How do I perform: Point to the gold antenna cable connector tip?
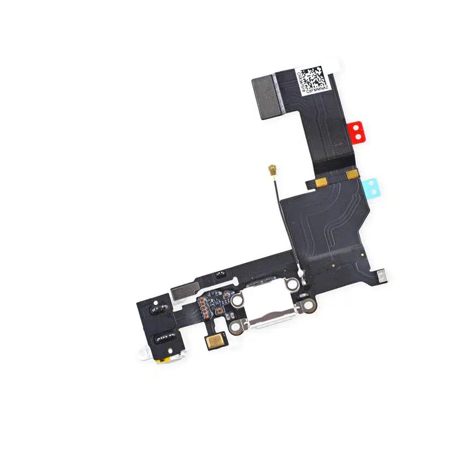click(x=272, y=168)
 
